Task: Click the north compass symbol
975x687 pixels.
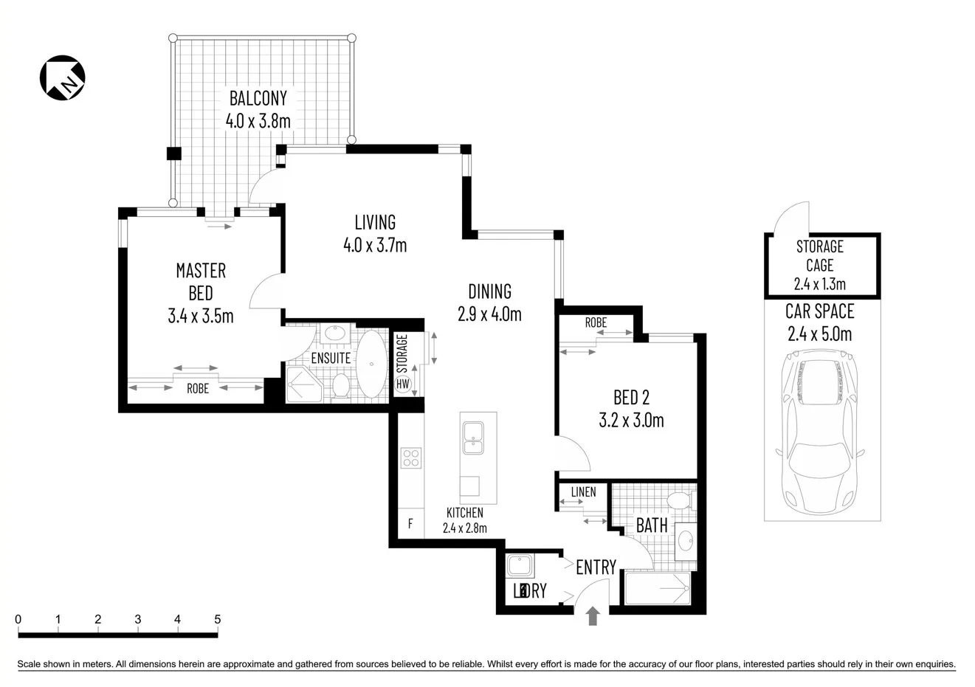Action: point(62,77)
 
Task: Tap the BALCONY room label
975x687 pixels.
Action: point(258,98)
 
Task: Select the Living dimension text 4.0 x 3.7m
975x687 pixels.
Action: point(375,245)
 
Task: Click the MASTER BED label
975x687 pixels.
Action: point(201,282)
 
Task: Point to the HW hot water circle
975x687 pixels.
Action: point(403,384)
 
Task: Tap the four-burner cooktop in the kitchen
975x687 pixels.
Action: point(410,458)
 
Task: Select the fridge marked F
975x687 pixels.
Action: point(410,525)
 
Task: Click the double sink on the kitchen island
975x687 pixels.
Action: point(470,438)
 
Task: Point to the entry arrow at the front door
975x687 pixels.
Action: point(592,616)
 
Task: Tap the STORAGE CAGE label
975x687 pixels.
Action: point(819,255)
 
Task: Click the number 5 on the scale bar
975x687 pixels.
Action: point(217,620)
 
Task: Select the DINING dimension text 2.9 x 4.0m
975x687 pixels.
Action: point(489,314)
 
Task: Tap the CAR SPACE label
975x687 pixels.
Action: point(819,312)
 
